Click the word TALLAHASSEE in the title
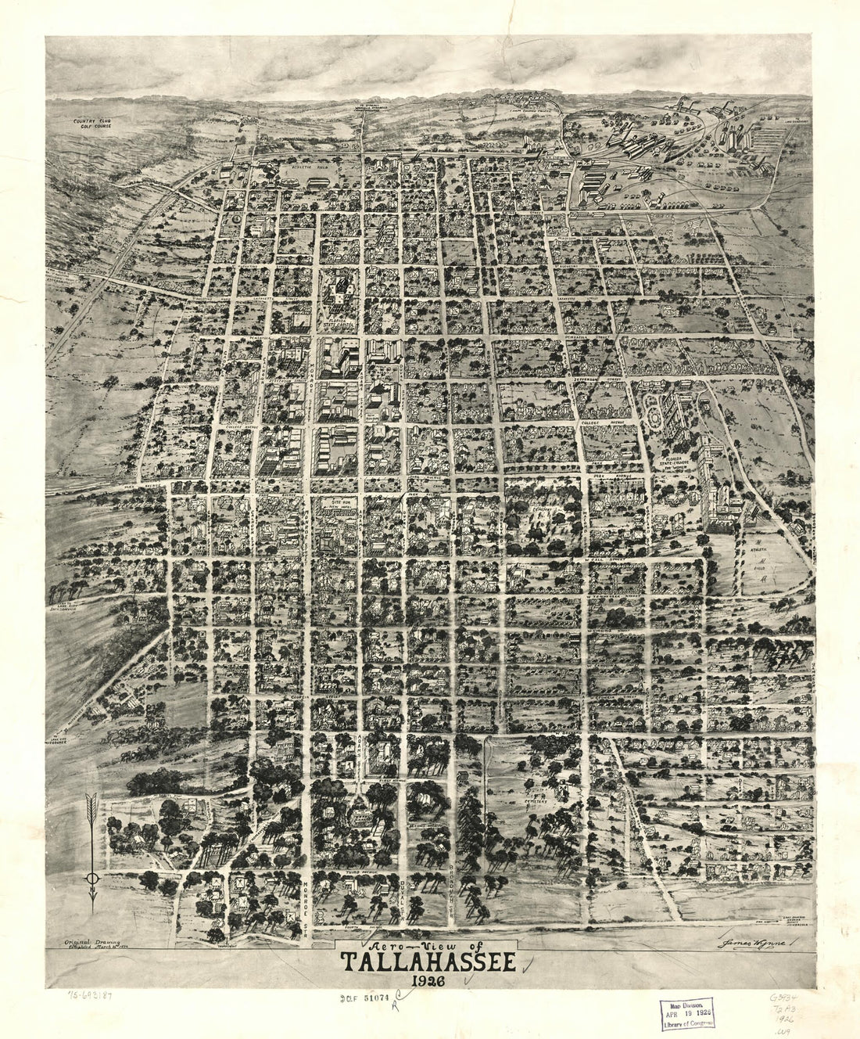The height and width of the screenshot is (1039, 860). tap(427, 962)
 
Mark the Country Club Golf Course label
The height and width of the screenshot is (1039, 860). tap(92, 124)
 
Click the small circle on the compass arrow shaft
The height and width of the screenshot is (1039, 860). tap(92, 879)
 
